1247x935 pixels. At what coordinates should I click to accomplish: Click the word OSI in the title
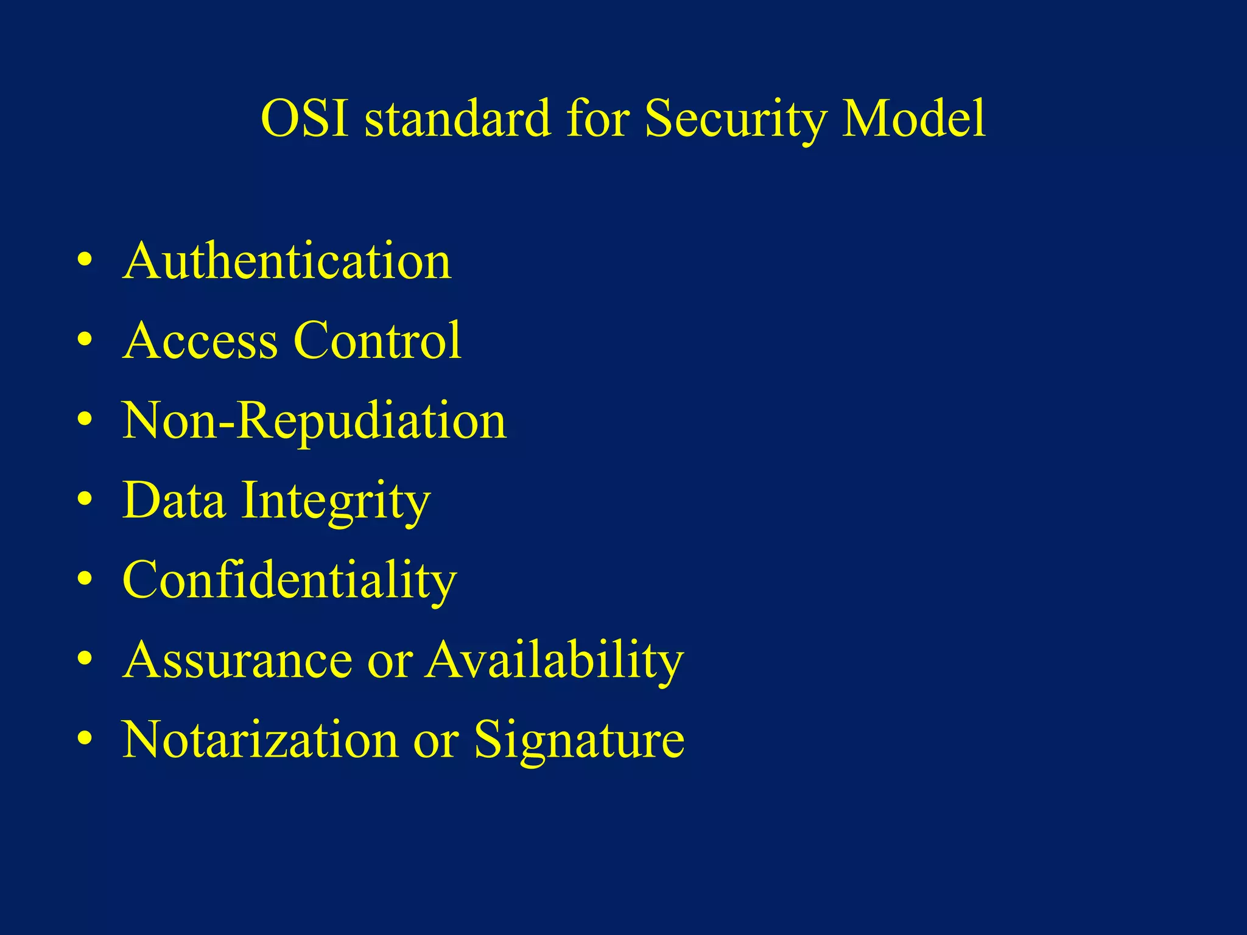[304, 118]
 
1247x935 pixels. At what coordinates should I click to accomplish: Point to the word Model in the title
[913, 118]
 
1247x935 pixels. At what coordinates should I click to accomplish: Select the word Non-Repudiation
[314, 421]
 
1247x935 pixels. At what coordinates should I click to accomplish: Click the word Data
[174, 500]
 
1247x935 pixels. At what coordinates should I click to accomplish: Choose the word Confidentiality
[289, 580]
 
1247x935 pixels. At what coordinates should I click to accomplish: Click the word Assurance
[237, 660]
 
